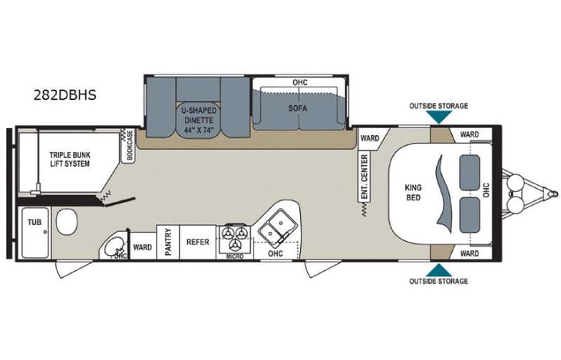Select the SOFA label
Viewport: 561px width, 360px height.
coord(298,108)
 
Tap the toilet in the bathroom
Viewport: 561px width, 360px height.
coord(67,226)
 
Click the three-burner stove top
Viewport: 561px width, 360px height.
coord(235,234)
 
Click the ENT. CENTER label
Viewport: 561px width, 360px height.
coord(364,177)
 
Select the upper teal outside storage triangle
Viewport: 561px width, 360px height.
coord(438,117)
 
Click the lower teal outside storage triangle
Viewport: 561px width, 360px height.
coord(438,269)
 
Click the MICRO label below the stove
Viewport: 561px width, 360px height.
coord(235,256)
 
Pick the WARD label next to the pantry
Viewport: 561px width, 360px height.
coord(142,247)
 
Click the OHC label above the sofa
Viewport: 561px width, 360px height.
coord(300,82)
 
